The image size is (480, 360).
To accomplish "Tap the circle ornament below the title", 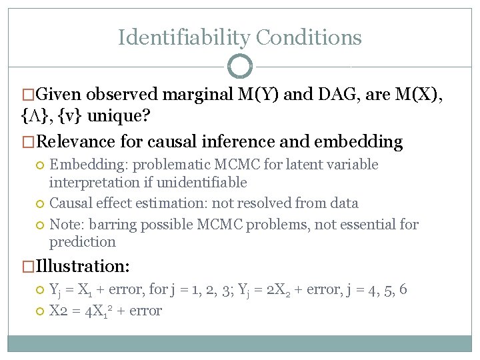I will [x=240, y=66].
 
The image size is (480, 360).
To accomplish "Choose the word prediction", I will [x=83, y=241].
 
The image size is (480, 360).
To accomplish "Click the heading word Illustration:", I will [x=83, y=266].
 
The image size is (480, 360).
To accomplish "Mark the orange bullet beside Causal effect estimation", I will [x=41, y=203].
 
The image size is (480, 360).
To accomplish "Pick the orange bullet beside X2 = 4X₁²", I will [x=41, y=311].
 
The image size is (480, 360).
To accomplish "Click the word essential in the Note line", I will [x=370, y=225].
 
